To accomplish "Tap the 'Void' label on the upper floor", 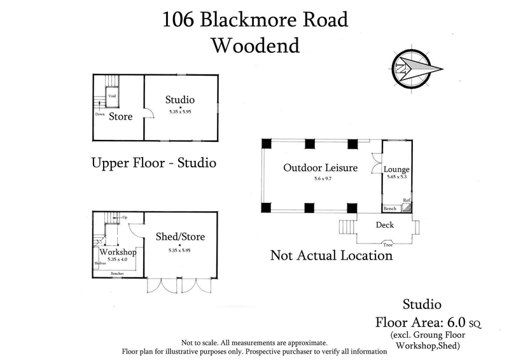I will tap(111, 96).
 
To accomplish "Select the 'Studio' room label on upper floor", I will tap(179, 100).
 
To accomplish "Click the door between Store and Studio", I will tap(148, 115).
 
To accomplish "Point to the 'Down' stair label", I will tap(100, 114).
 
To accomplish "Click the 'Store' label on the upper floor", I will tap(120, 116).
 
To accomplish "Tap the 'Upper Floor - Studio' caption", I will tap(154, 163).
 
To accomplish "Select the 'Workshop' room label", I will tap(118, 252).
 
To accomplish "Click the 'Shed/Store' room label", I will tap(179, 237).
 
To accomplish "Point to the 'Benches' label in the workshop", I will tap(117, 274).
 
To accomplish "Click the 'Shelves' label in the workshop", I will tap(99, 262).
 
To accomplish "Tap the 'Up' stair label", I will tap(125, 218).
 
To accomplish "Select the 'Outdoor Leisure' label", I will tap(320, 168).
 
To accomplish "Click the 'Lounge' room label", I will tap(396, 169).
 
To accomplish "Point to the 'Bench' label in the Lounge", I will tap(389, 209).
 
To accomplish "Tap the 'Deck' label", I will tap(385, 225).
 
